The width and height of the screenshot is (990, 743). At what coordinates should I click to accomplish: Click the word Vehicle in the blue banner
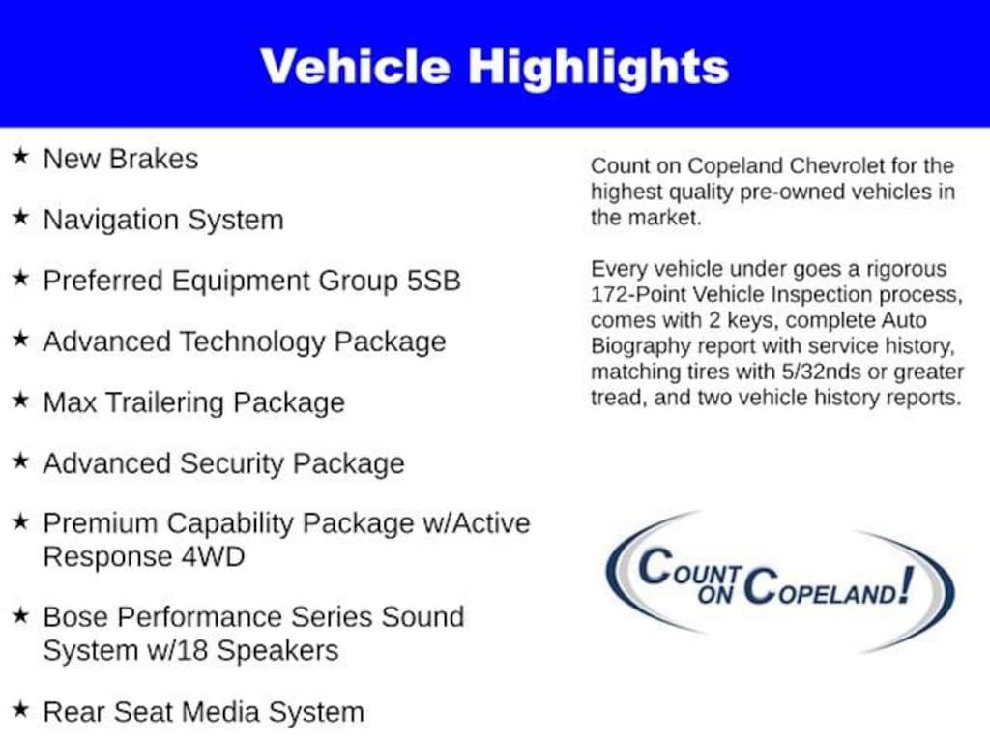coord(355,67)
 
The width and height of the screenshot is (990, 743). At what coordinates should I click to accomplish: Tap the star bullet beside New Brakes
coord(21,156)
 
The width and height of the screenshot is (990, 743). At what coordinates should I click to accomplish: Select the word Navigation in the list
coord(110,221)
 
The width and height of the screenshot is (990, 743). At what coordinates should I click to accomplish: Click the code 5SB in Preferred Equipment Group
coord(433,282)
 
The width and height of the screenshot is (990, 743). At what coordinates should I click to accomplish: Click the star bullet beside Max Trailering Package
coord(21,400)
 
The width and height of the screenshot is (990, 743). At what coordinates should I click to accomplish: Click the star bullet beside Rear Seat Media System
coord(21,709)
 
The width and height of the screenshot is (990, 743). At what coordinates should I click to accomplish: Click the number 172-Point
coord(638,295)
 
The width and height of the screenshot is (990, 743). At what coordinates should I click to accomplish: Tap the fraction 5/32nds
coord(821,372)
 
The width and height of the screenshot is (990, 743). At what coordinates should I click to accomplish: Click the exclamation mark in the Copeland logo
coord(906,584)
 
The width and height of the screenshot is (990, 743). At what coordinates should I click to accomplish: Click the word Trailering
coord(165,403)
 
